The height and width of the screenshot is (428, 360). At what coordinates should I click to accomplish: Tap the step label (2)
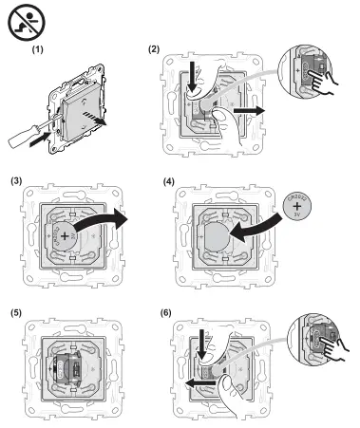click(x=155, y=47)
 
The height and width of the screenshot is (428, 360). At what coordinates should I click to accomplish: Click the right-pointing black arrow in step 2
click(x=249, y=109)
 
